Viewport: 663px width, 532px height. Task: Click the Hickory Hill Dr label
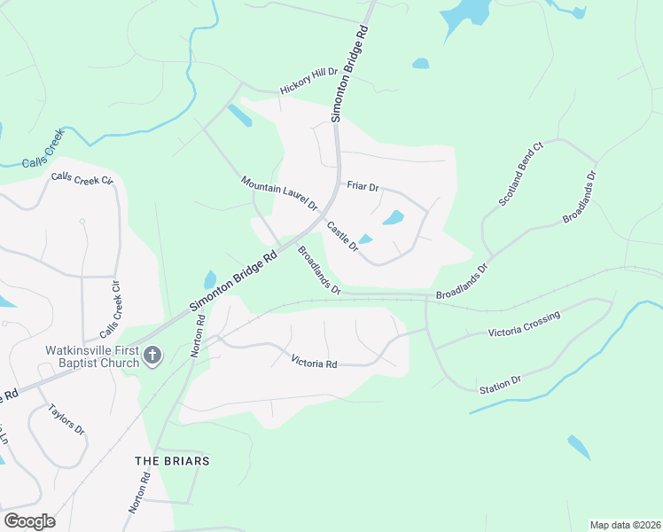pyautogui.click(x=309, y=81)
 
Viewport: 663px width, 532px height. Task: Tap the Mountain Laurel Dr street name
pyautogui.click(x=279, y=193)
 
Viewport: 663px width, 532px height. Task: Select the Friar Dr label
pyautogui.click(x=363, y=187)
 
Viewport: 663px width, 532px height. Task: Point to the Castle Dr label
pyautogui.click(x=341, y=236)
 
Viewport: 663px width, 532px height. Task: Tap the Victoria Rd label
pyautogui.click(x=315, y=362)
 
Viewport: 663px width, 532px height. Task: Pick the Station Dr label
pyautogui.click(x=500, y=385)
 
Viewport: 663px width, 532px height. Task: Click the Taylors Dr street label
pyautogui.click(x=66, y=419)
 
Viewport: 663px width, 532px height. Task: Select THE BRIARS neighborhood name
pyautogui.click(x=172, y=461)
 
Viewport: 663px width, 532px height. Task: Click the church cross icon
pyautogui.click(x=152, y=356)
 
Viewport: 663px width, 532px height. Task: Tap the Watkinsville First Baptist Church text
pyautogui.click(x=93, y=356)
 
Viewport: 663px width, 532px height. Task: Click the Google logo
pyautogui.click(x=29, y=521)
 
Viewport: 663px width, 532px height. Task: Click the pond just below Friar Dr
pyautogui.click(x=392, y=217)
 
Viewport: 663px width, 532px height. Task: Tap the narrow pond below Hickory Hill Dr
pyautogui.click(x=239, y=115)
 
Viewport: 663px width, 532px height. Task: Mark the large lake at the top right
pyautogui.click(x=466, y=12)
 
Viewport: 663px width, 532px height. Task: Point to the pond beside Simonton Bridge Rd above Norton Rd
pyautogui.click(x=210, y=279)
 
